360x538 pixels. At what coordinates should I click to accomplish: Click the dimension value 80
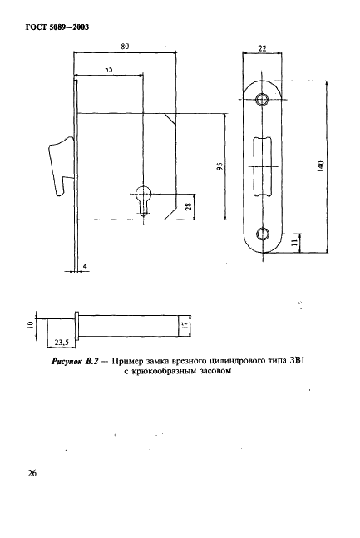click(x=125, y=47)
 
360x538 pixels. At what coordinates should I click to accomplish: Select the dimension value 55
click(x=108, y=71)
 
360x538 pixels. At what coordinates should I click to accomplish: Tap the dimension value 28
click(x=190, y=206)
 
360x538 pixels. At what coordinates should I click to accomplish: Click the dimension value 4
click(x=85, y=267)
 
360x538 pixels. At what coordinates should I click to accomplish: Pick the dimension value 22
click(x=262, y=49)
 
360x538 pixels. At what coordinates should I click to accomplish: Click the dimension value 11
click(x=295, y=242)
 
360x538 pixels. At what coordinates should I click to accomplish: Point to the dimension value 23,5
click(x=59, y=340)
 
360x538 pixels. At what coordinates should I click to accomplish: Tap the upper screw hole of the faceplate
click(x=263, y=101)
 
